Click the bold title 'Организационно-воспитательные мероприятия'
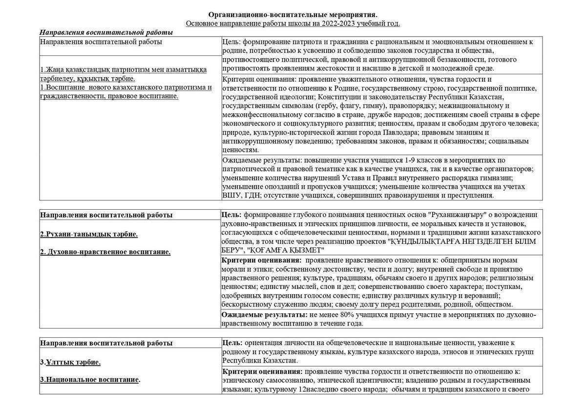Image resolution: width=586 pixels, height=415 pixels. [x=293, y=15]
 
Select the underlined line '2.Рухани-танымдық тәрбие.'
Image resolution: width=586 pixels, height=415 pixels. [x=89, y=234]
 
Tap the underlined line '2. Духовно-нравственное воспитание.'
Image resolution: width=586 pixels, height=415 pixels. [x=105, y=252]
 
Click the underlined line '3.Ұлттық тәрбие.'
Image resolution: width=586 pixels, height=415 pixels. [x=70, y=362]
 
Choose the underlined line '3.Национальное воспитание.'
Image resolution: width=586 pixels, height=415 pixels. [x=90, y=379]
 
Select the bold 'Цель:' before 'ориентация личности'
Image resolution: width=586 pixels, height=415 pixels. [x=232, y=343]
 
